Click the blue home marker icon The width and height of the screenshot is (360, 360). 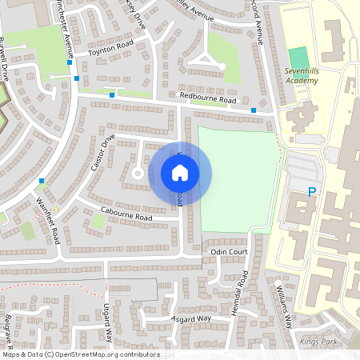point(180,173)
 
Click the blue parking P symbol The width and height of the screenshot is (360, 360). point(311,192)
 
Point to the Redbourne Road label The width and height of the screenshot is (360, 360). point(208,99)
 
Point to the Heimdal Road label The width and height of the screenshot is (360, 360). point(245,291)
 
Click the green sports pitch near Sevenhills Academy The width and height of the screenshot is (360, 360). point(298,58)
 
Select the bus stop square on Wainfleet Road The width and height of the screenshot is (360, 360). point(42,182)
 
